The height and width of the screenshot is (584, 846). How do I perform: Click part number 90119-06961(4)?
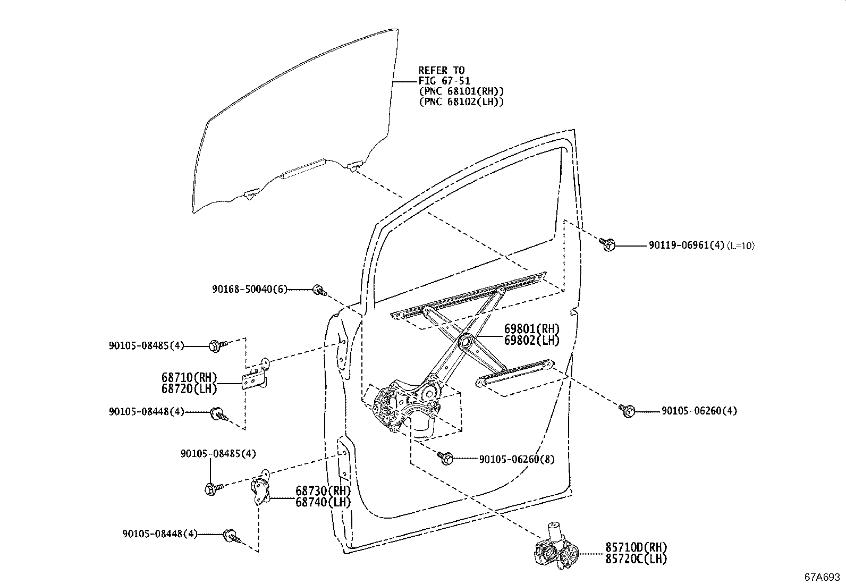(686, 246)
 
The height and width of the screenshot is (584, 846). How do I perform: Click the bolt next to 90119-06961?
(608, 245)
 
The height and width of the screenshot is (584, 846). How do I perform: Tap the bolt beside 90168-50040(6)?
(319, 290)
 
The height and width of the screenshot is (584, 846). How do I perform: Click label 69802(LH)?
(531, 341)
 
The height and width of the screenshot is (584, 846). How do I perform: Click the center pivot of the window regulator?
(468, 342)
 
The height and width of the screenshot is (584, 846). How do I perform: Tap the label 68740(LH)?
(323, 502)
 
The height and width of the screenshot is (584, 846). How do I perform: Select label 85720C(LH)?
(636, 558)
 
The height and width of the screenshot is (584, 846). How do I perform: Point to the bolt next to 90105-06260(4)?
(627, 410)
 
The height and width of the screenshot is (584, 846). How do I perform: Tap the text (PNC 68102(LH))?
(461, 101)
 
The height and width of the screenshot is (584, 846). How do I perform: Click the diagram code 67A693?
(822, 577)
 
